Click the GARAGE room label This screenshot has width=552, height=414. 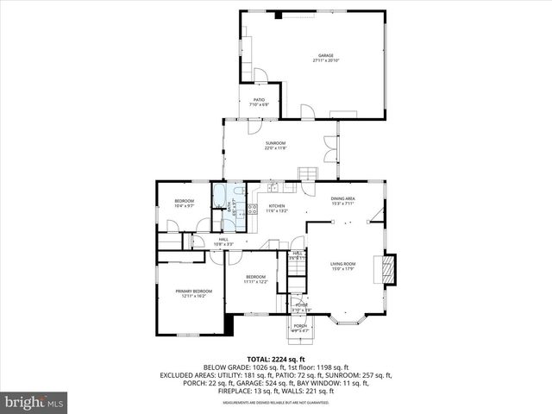(325, 55)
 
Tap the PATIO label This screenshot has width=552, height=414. (259, 99)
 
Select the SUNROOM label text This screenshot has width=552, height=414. (275, 142)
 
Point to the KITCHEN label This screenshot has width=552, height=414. (276, 205)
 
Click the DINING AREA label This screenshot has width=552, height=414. (343, 198)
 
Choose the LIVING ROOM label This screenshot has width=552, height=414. (343, 264)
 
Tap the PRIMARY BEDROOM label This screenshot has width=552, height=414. (194, 291)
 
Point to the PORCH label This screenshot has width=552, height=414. (300, 325)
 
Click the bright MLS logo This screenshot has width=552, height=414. (34, 402)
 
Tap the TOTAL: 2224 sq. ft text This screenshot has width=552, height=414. (275, 359)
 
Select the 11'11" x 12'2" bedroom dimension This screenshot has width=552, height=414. (255, 282)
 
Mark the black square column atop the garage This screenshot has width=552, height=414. (278, 15)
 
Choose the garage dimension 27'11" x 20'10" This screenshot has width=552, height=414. (325, 60)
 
